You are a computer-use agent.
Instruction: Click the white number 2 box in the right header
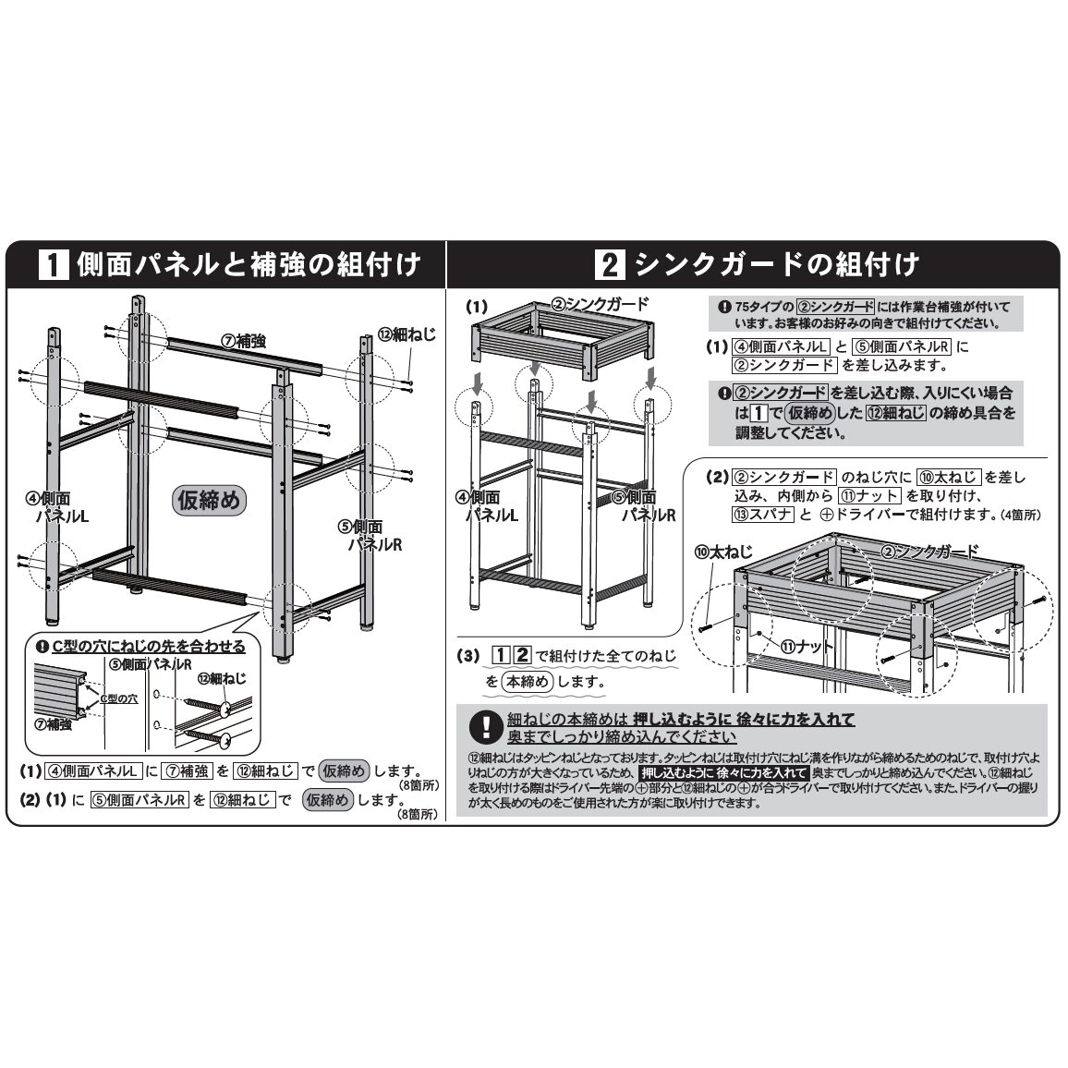coord(610,266)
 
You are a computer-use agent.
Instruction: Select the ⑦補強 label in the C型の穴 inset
coord(53,724)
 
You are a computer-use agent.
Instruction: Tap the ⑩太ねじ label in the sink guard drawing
coord(711,552)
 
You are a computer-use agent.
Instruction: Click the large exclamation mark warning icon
coord(484,727)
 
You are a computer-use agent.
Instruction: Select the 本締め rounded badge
coord(528,682)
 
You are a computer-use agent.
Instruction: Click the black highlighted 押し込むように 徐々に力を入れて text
coord(724,772)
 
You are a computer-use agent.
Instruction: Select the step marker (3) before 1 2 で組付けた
coord(470,656)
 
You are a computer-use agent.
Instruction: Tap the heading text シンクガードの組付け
coord(772,266)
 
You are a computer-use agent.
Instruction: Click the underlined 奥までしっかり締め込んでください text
coord(622,737)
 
